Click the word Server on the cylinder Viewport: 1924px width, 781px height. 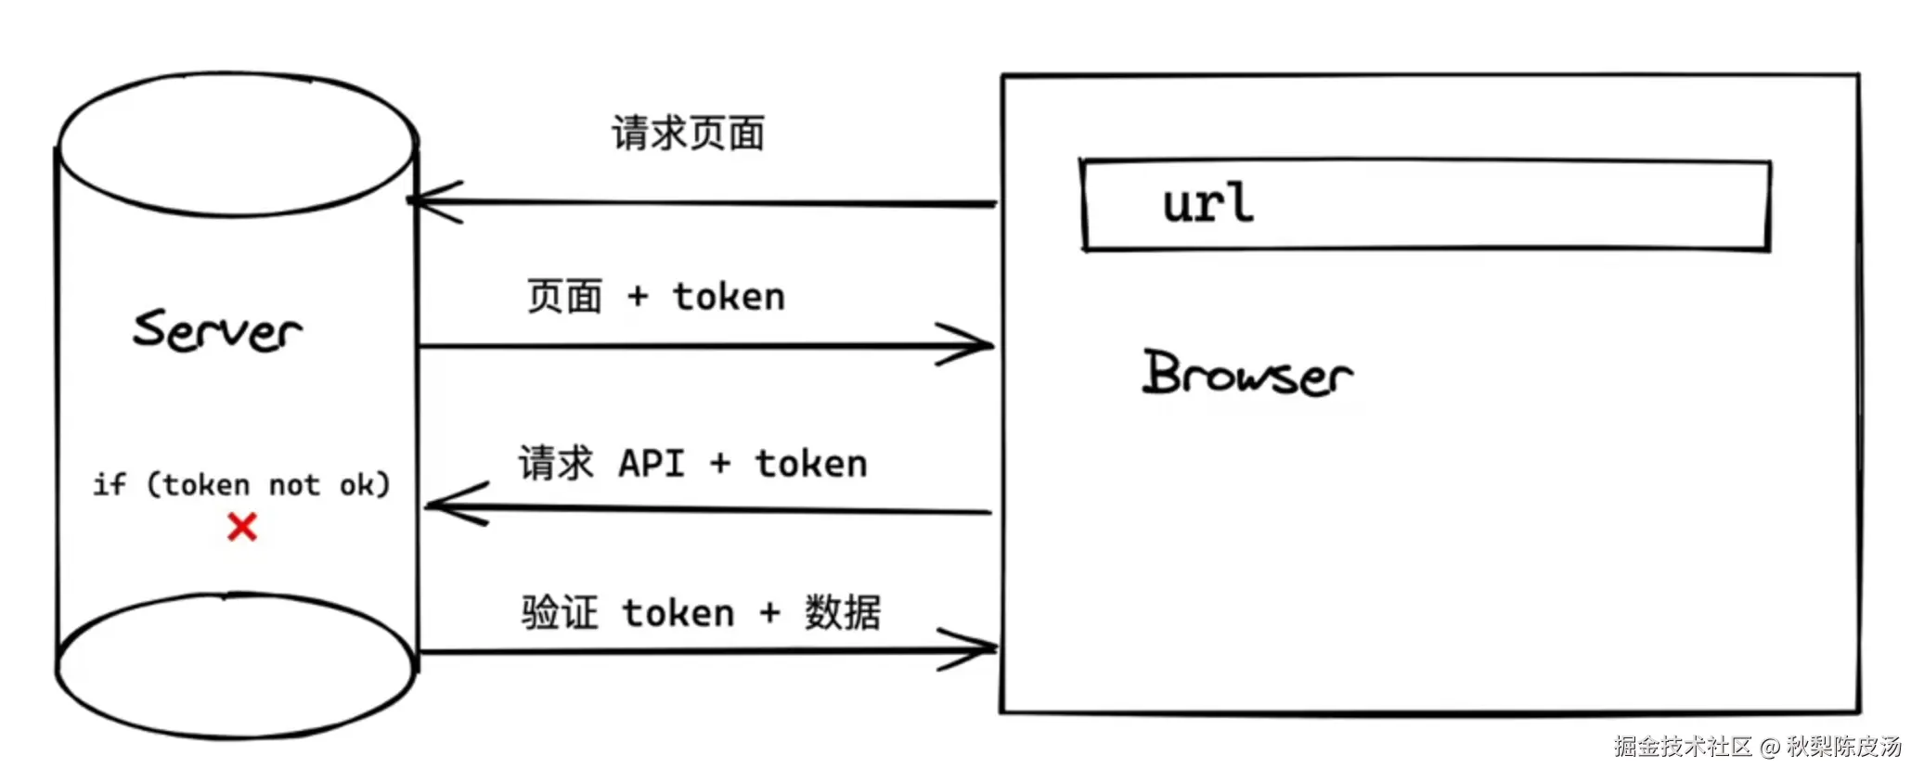pyautogui.click(x=217, y=331)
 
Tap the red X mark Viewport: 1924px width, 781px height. pyautogui.click(x=242, y=527)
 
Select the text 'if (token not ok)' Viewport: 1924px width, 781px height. pyautogui.click(x=241, y=484)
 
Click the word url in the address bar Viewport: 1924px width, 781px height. pyautogui.click(x=1207, y=202)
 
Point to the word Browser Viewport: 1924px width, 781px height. pyautogui.click(x=1246, y=374)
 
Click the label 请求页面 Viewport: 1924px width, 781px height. pyautogui.click(x=688, y=134)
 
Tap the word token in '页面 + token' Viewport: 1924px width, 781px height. pyautogui.click(x=729, y=297)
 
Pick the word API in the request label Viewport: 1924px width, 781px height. pyautogui.click(x=652, y=463)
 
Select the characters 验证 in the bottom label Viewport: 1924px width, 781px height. pyautogui.click(x=559, y=613)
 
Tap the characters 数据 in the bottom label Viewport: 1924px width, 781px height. pyautogui.click(x=842, y=613)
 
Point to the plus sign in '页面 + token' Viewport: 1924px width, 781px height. pyautogui.click(x=638, y=297)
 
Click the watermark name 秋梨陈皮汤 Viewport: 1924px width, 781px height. pyautogui.click(x=1843, y=746)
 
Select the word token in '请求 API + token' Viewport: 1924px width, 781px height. pyautogui.click(x=811, y=463)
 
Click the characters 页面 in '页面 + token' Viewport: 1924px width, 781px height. pyautogui.click(x=564, y=297)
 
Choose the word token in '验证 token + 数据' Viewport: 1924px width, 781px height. pyautogui.click(x=678, y=613)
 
